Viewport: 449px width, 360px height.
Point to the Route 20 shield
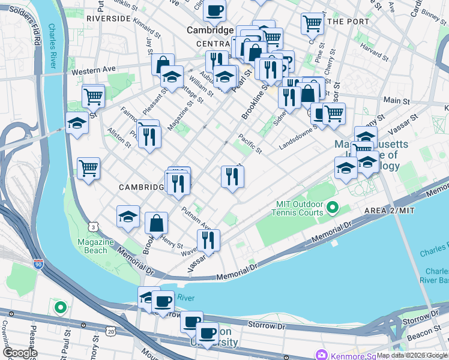tap(110, 331)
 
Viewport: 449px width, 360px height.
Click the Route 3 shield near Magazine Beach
tap(92, 226)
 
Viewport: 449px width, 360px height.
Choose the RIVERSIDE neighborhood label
tap(108, 19)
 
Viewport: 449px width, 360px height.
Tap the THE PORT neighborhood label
tap(349, 22)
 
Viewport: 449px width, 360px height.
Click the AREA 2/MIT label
tap(390, 211)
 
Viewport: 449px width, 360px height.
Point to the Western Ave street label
tap(93, 71)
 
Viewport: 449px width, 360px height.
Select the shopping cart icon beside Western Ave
tap(93, 95)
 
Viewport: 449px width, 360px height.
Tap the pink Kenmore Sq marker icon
tap(323, 355)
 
